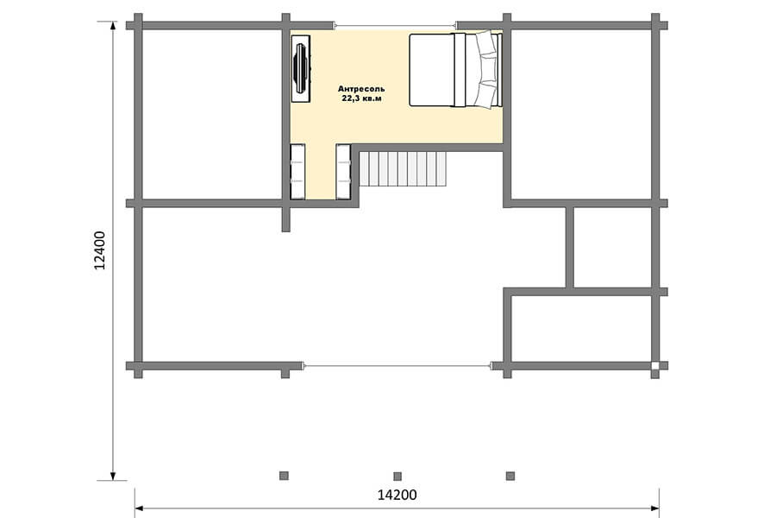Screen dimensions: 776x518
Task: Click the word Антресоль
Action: coord(361,89)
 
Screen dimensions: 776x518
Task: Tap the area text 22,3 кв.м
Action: coord(362,98)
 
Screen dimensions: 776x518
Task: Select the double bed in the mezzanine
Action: coord(455,69)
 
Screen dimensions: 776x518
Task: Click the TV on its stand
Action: coord(300,68)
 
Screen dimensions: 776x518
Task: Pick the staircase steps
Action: coord(403,169)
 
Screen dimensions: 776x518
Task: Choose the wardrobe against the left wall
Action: coord(297,172)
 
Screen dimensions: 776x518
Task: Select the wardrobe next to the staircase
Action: coord(343,172)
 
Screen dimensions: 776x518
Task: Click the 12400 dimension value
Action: coord(100,250)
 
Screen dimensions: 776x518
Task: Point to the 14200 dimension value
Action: coord(397,495)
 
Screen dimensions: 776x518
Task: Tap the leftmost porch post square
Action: coord(284,476)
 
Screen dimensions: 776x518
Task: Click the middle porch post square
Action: coord(397,477)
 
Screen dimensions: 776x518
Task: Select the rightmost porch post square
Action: coord(510,476)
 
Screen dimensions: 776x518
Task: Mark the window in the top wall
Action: coord(394,25)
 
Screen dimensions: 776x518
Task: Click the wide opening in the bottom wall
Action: coord(397,366)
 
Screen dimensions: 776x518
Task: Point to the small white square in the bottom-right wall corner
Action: coord(655,366)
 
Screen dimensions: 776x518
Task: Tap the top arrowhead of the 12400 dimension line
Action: coord(113,26)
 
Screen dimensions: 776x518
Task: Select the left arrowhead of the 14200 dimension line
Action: coord(140,509)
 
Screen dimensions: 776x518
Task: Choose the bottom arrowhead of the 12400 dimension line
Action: coord(113,476)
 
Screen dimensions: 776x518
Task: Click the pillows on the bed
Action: coord(485,69)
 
